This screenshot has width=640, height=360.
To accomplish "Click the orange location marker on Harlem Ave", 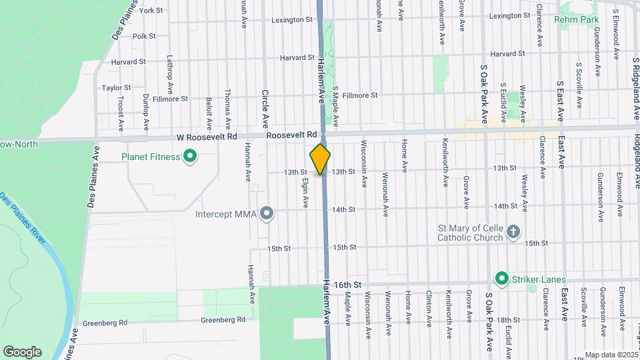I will click(321, 159).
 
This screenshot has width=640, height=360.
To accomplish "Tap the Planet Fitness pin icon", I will click(190, 157).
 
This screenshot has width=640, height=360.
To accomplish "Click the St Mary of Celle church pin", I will click(513, 231).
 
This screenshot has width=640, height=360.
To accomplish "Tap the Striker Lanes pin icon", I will click(501, 279).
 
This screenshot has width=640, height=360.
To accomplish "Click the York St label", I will click(151, 11).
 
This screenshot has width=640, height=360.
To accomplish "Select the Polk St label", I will click(144, 36).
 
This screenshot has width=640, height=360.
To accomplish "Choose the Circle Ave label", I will click(265, 109).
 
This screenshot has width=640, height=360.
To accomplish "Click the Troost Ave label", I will click(121, 113).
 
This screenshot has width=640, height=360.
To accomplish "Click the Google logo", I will click(22, 352).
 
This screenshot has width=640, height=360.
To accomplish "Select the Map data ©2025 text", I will click(610, 355).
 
